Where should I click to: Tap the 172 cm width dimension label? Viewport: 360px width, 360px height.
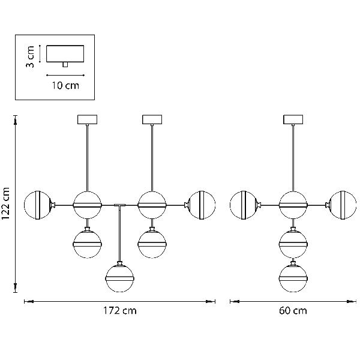tap(119, 311)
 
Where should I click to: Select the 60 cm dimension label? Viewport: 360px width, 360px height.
tap(293, 311)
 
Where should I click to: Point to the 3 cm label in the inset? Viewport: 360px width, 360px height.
tap(30, 56)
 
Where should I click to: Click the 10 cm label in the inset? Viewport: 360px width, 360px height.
tap(65, 85)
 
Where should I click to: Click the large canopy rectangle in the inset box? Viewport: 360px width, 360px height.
tap(65, 54)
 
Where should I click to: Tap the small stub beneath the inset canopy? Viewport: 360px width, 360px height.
tap(65, 65)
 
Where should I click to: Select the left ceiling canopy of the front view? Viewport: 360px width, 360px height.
tap(88, 119)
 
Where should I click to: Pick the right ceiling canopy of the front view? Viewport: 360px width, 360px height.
tap(152, 119)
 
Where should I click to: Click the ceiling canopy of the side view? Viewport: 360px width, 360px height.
tap(293, 119)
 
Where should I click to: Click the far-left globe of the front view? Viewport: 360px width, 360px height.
tap(38, 205)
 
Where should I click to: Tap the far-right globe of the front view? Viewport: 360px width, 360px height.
tap(202, 205)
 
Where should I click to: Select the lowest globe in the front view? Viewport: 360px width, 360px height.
tap(119, 278)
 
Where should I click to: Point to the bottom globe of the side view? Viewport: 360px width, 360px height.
tap(293, 278)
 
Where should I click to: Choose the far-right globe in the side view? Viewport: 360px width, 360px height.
tap(343, 205)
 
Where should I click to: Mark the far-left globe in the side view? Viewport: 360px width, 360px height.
tap(244, 205)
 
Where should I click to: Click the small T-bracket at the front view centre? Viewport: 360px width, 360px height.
tap(119, 205)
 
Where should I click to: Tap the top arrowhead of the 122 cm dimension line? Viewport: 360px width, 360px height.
tap(16, 120)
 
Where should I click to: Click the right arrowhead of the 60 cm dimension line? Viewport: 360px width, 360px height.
tap(352, 301)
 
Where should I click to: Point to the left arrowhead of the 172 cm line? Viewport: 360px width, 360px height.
tap(29, 301)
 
